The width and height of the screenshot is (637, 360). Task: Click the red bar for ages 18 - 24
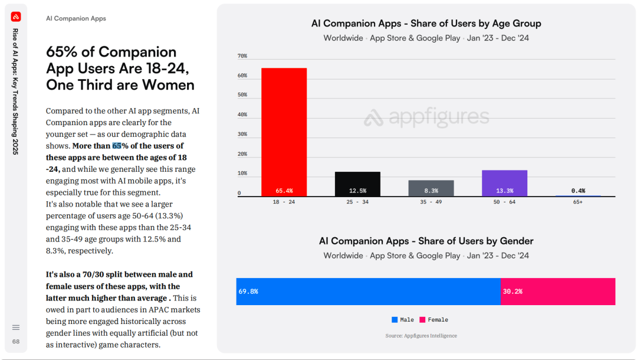(x=284, y=132)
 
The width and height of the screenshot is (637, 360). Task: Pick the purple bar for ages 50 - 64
(x=504, y=183)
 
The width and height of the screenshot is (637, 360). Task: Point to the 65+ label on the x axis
(x=578, y=202)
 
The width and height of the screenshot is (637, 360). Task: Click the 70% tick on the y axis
(x=242, y=56)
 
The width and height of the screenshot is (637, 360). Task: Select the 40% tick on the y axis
(x=242, y=114)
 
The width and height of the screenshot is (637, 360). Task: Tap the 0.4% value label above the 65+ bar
(x=578, y=191)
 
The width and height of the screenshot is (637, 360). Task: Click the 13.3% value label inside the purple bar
(x=504, y=191)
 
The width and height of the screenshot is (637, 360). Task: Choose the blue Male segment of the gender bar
(x=369, y=292)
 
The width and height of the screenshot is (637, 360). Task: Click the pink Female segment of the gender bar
(x=558, y=292)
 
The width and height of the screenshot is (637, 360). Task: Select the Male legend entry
(x=403, y=320)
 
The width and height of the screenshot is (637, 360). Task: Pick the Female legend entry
(x=434, y=320)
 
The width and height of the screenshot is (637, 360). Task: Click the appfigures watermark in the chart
(x=426, y=117)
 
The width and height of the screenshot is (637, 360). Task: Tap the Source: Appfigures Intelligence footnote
(x=421, y=336)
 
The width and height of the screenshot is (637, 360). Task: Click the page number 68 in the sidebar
(x=16, y=342)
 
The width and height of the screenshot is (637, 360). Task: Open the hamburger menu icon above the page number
(x=16, y=328)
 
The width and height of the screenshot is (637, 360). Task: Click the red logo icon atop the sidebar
(x=16, y=17)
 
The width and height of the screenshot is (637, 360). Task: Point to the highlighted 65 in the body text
(x=117, y=146)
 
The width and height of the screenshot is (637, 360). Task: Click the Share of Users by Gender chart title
(x=426, y=241)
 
